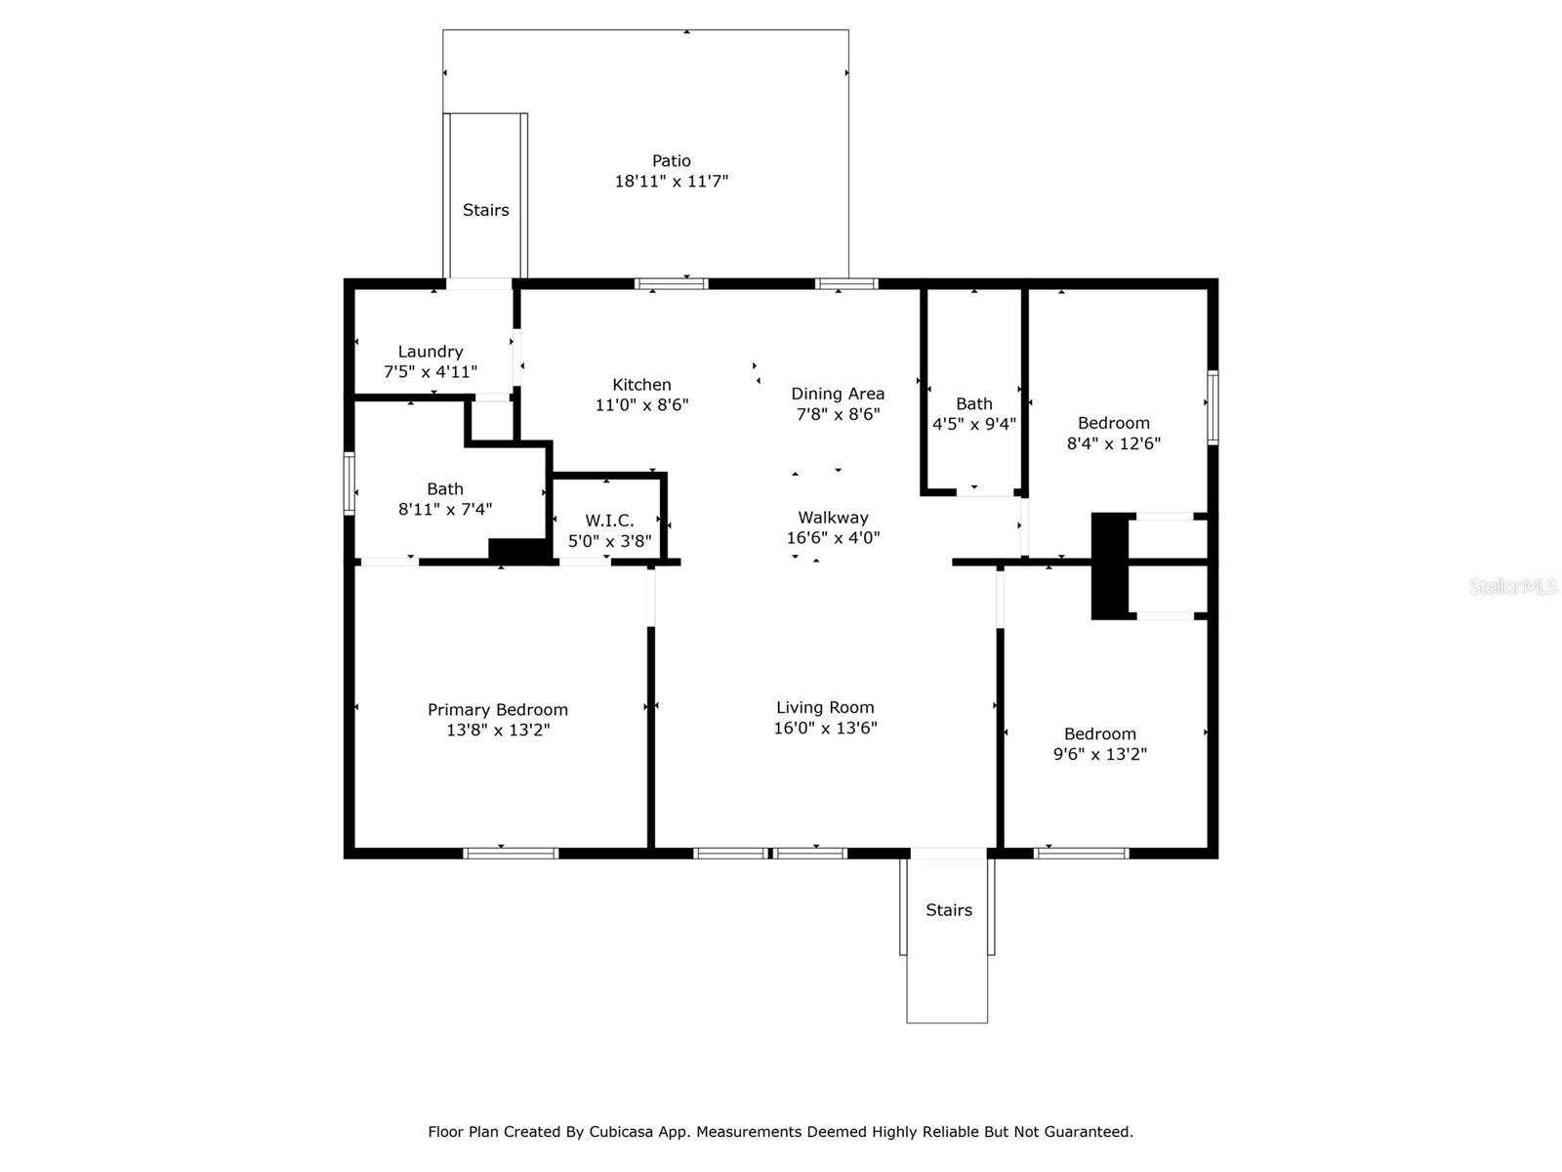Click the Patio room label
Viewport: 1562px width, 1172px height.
[671, 161]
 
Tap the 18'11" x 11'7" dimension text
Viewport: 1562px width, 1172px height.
[671, 182]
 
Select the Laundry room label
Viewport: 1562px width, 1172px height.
[430, 352]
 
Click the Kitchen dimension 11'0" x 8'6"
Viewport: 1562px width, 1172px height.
[641, 404]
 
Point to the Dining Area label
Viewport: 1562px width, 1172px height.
[838, 394]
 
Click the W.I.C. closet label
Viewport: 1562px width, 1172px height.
[609, 521]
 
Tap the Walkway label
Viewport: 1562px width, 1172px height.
[833, 518]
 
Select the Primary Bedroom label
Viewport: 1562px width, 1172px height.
[497, 710]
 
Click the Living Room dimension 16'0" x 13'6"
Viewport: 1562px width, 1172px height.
[825, 728]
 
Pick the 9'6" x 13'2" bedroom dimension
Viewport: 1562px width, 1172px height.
[1099, 754]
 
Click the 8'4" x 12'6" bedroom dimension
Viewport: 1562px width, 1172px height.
[1113, 443]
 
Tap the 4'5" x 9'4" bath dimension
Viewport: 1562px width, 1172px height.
[973, 424]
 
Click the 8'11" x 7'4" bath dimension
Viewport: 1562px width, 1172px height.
[444, 509]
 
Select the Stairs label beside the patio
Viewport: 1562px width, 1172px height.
[485, 210]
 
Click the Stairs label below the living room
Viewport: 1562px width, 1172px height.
[948, 910]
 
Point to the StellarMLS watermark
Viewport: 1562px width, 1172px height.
[1513, 586]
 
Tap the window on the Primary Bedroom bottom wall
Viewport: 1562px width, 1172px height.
[511, 854]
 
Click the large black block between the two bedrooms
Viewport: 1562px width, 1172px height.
[1109, 565]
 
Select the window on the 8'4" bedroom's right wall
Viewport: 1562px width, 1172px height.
[1213, 407]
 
